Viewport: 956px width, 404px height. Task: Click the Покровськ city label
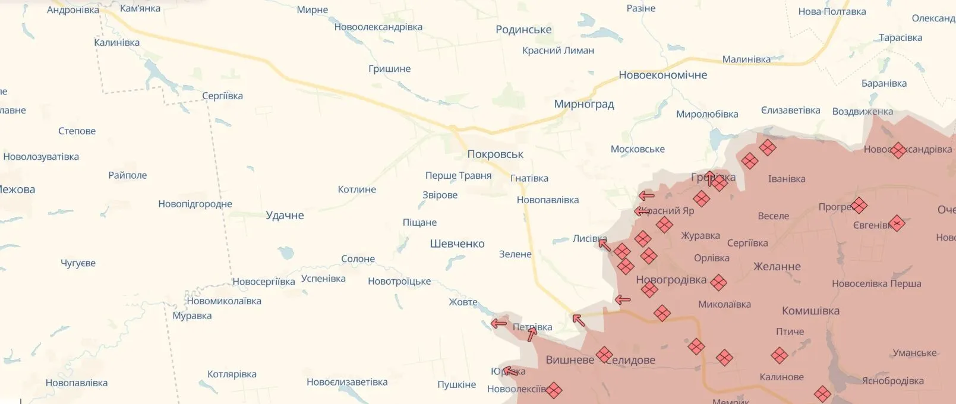[495, 154]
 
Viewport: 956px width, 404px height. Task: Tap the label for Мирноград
[583, 105]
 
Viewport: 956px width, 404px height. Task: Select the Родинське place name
[523, 30]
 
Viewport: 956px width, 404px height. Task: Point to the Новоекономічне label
[662, 75]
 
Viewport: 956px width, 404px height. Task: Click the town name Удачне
[285, 216]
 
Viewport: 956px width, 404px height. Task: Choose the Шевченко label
[457, 244]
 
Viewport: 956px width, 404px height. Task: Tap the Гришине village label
[389, 69]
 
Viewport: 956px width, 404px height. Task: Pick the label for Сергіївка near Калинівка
[222, 96]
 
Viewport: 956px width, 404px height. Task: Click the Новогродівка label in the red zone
[671, 280]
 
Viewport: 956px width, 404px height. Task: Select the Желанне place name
[777, 267]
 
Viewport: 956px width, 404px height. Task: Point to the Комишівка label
[810, 311]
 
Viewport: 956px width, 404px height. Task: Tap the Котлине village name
[356, 190]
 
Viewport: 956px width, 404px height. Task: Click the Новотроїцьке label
[399, 282]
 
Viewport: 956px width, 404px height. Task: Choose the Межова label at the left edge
[17, 190]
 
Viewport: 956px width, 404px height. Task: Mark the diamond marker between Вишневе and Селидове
[604, 355]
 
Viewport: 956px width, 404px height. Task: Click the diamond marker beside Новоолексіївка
[554, 390]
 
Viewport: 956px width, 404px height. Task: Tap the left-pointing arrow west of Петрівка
[498, 324]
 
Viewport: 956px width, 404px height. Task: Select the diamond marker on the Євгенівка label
[897, 223]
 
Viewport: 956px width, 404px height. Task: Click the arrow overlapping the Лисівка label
[604, 243]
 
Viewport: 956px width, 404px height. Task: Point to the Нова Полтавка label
[832, 12]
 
